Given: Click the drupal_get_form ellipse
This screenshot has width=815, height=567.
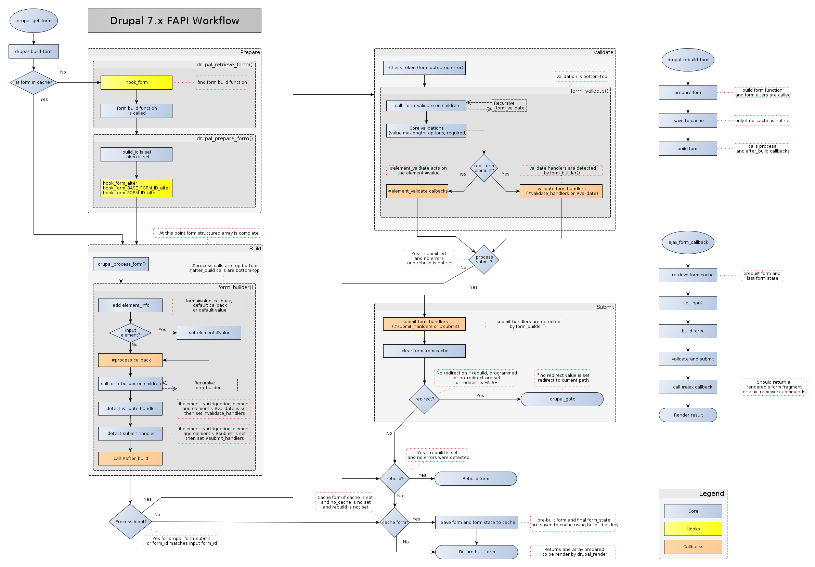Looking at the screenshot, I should pyautogui.click(x=34, y=21).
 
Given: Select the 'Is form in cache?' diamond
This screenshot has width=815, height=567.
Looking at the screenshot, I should pyautogui.click(x=34, y=82).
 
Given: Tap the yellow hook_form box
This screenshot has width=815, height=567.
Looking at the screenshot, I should pyautogui.click(x=136, y=82).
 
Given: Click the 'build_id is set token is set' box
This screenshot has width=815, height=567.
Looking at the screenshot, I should pyautogui.click(x=136, y=154).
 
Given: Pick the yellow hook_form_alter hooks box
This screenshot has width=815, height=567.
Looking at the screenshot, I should pyautogui.click(x=136, y=188).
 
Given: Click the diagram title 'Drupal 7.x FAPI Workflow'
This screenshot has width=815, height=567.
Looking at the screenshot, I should pyautogui.click(x=174, y=21).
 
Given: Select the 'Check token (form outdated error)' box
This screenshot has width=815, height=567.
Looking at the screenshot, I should pyautogui.click(x=424, y=68).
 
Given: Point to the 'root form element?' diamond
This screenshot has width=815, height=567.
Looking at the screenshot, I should pyautogui.click(x=484, y=168).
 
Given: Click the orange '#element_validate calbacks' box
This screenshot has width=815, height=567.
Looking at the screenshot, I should pyautogui.click(x=417, y=191).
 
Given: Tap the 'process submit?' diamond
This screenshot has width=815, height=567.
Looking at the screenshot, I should pyautogui.click(x=484, y=259).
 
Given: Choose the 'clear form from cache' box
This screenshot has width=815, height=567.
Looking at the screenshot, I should pyautogui.click(x=424, y=351).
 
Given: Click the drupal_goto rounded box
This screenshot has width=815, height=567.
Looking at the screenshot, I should pyautogui.click(x=562, y=399).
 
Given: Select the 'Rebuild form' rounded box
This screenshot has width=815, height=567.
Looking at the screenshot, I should pyautogui.click(x=475, y=478).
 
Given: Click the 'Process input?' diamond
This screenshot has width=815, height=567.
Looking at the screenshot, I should pyautogui.click(x=130, y=522).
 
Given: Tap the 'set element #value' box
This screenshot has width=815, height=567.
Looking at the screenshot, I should pyautogui.click(x=209, y=332).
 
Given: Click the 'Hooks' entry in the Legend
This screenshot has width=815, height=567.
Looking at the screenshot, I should pyautogui.click(x=693, y=529).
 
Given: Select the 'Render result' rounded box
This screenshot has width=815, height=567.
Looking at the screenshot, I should pyautogui.click(x=688, y=415).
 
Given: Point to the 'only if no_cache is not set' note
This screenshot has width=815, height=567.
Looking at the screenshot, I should pyautogui.click(x=762, y=121).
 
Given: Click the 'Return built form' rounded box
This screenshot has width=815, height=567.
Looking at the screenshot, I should pyautogui.click(x=476, y=552).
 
